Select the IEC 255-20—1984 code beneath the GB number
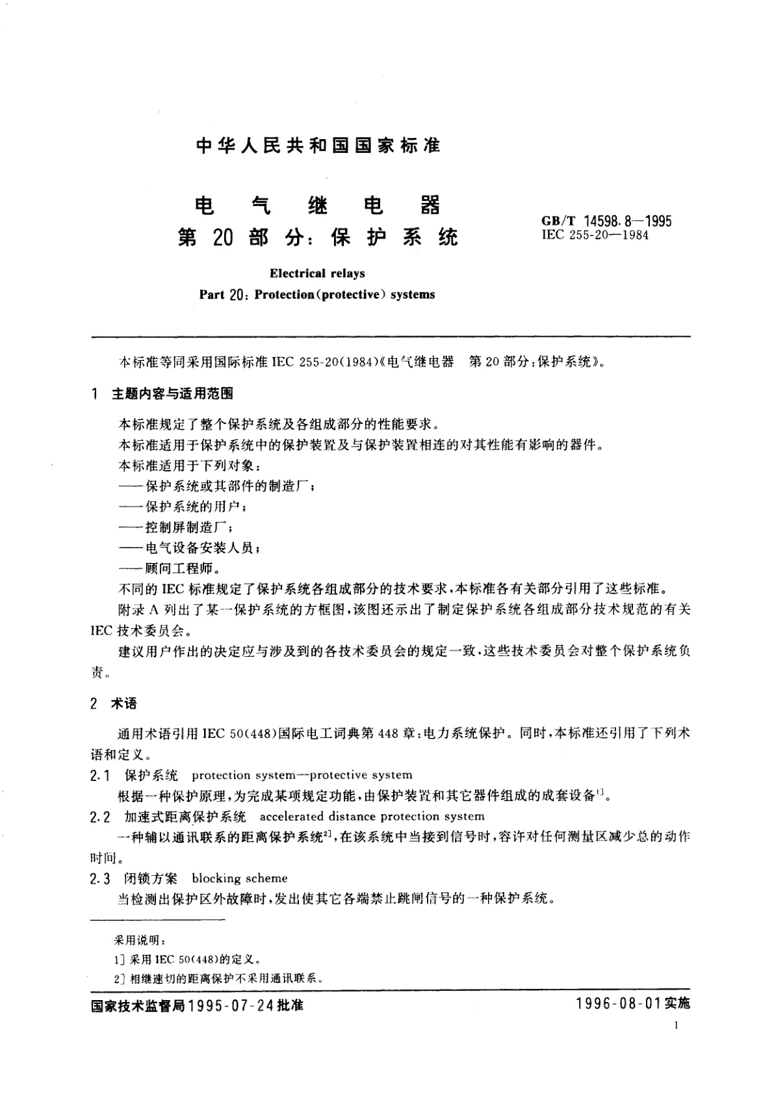[595, 235]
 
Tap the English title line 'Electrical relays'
[317, 274]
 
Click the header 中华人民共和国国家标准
[318, 146]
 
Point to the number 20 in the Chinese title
[222, 239]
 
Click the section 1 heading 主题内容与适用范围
[173, 393]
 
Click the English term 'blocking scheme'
[240, 878]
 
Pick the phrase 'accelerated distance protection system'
[372, 816]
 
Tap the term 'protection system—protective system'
[302, 775]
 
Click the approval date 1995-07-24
[231, 1005]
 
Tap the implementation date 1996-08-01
[617, 1005]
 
